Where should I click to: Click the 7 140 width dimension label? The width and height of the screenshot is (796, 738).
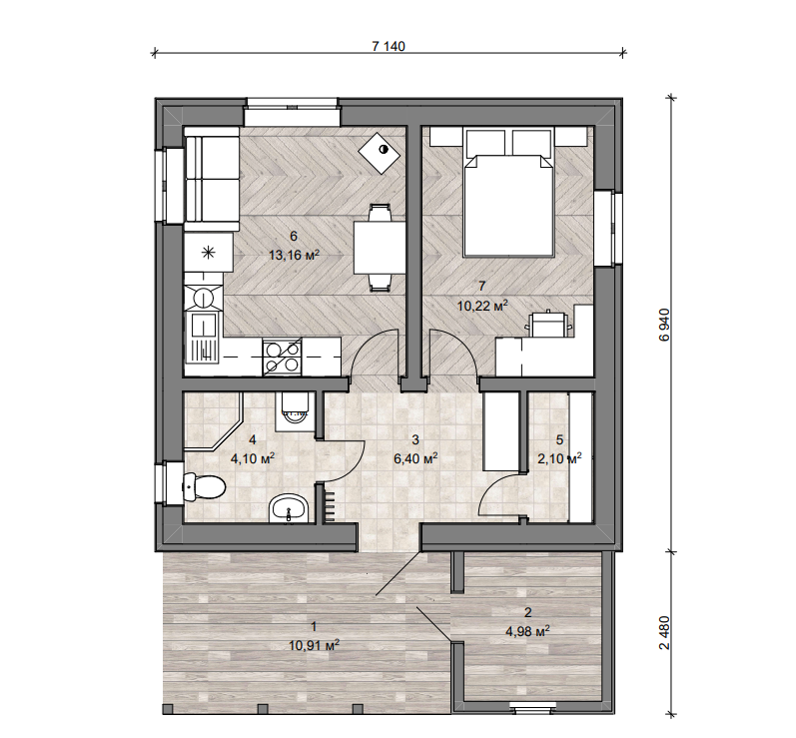pyautogui.click(x=389, y=46)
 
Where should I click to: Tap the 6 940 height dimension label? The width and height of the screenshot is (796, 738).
pyautogui.click(x=664, y=325)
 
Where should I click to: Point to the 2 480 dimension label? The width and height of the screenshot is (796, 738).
pyautogui.click(x=664, y=632)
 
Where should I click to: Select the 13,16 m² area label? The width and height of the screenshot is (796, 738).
pyautogui.click(x=294, y=255)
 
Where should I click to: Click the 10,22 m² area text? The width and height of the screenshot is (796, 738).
pyautogui.click(x=482, y=306)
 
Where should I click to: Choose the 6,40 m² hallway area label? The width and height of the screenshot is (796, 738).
pyautogui.click(x=415, y=458)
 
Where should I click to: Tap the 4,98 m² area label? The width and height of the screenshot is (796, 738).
pyautogui.click(x=528, y=631)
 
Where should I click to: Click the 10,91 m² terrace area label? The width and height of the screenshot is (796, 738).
pyautogui.click(x=314, y=645)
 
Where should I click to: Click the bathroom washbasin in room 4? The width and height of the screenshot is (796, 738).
pyautogui.click(x=289, y=508)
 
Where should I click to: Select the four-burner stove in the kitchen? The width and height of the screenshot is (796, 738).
pyautogui.click(x=283, y=358)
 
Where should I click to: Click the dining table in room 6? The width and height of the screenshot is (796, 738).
pyautogui.click(x=380, y=248)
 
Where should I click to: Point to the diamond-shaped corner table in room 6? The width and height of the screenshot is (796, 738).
pyautogui.click(x=380, y=153)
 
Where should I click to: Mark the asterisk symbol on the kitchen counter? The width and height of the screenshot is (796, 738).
pyautogui.click(x=209, y=253)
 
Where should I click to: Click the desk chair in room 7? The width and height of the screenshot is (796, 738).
pyautogui.click(x=548, y=324)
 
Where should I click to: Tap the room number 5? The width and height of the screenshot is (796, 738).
pyautogui.click(x=560, y=439)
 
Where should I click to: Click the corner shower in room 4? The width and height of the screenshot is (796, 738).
pyautogui.click(x=213, y=420)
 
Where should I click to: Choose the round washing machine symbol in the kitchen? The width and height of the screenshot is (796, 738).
pyautogui.click(x=204, y=297)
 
